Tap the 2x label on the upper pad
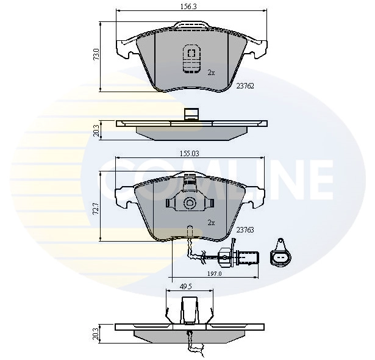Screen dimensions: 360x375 click(x=211, y=72)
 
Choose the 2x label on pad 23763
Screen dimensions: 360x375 click(x=211, y=223)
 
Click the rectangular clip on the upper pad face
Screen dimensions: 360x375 click(x=191, y=59)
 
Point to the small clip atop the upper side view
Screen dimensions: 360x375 click(x=191, y=114)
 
